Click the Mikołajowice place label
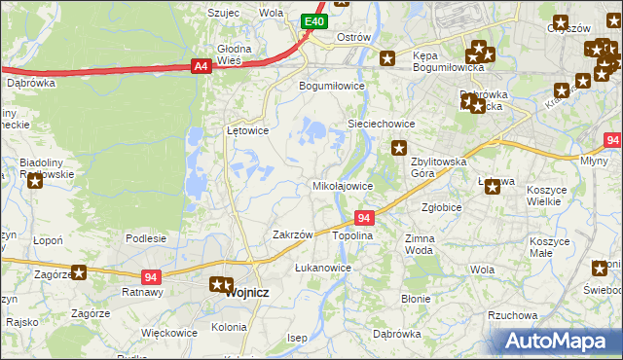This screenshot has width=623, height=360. (342, 185)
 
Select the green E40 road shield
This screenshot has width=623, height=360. (313, 21)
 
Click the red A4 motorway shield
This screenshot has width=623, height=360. (201, 66)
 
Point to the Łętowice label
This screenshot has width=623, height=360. (247, 129)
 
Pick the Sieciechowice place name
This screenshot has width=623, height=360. (383, 125)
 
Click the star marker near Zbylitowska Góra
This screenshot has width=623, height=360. (399, 148)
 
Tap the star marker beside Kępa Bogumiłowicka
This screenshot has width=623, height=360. (387, 58)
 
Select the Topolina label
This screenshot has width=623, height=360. (352, 236)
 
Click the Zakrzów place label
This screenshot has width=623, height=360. (292, 234)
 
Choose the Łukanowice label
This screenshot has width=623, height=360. (322, 267)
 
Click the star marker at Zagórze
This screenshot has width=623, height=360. (79, 273)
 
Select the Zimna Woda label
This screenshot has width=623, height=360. (420, 243)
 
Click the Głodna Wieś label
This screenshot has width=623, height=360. (235, 54)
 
